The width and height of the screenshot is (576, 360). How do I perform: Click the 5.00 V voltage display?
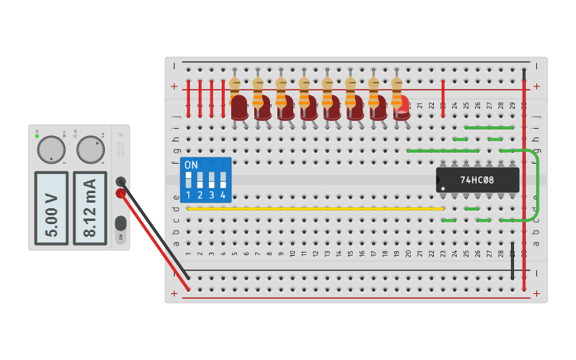(x=52, y=208)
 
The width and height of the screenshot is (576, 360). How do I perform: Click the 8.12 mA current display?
(x=90, y=208)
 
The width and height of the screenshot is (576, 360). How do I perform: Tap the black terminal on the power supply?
(x=121, y=181)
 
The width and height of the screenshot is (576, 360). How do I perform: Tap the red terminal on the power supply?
(x=121, y=193)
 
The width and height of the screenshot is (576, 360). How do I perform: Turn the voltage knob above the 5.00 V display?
(x=51, y=149)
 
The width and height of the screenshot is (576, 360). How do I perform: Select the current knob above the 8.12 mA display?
(x=91, y=149)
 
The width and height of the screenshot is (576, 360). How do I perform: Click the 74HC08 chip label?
(x=477, y=180)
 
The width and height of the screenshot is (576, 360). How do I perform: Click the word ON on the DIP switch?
(x=191, y=165)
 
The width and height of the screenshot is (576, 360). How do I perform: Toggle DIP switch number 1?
(x=188, y=180)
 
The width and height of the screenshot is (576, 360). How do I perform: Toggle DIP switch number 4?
(x=222, y=180)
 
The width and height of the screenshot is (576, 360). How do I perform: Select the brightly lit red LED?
(x=402, y=106)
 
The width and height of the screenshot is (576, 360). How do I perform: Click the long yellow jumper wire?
(x=318, y=209)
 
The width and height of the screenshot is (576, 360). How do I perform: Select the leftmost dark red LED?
(x=239, y=107)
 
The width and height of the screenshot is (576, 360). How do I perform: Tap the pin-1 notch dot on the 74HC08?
(x=441, y=188)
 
